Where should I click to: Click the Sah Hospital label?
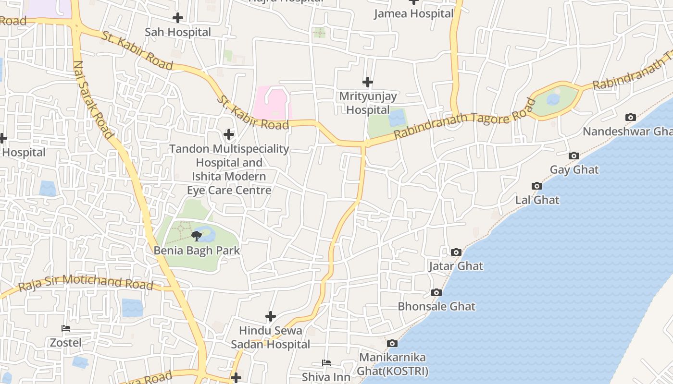pyautogui.click(x=178, y=32)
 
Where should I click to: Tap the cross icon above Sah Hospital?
pyautogui.click(x=178, y=18)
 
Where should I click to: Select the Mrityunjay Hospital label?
pyautogui.click(x=368, y=103)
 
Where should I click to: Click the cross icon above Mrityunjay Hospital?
pyautogui.click(x=368, y=82)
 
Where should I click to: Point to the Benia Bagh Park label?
pyautogui.click(x=197, y=251)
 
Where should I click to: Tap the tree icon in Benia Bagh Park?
pyautogui.click(x=196, y=236)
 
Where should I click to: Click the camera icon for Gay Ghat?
pyautogui.click(x=573, y=156)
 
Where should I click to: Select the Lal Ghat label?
pyautogui.click(x=537, y=200)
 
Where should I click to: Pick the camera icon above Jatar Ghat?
pyautogui.click(x=456, y=252)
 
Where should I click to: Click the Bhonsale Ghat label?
pyautogui.click(x=436, y=306)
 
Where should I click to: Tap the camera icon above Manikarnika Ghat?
pyautogui.click(x=392, y=343)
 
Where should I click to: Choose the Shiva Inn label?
pyautogui.click(x=326, y=377)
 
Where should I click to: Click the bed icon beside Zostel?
pyautogui.click(x=66, y=328)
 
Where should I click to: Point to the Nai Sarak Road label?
pyautogui.click(x=90, y=98)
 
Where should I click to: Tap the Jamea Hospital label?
pyautogui.click(x=413, y=13)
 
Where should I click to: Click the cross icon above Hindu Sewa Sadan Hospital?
pyautogui.click(x=271, y=316)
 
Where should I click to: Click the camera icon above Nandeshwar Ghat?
pyautogui.click(x=630, y=117)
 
